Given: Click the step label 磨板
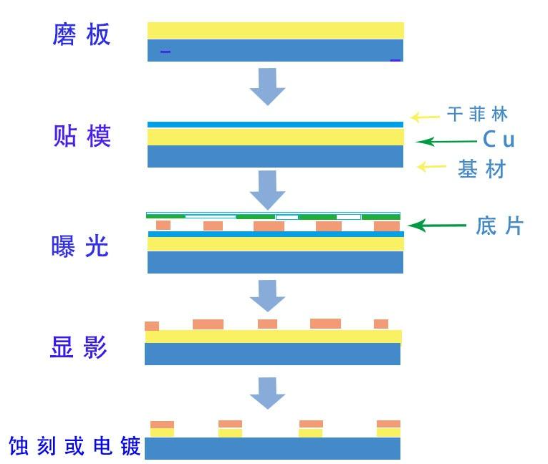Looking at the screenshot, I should coord(82,35).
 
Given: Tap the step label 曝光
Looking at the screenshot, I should coord(82,246).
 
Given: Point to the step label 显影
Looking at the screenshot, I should coord(80,348).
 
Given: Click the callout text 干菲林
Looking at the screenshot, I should coord(478,115).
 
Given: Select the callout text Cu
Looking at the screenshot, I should coord(498,139).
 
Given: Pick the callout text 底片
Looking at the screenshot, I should coord(499,226).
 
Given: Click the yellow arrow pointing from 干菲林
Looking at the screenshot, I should coord(426,116).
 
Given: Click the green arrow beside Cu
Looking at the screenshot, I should coord(446,141).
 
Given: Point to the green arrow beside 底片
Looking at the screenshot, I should coord(441,226).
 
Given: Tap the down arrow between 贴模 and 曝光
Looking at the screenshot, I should coord(267,189).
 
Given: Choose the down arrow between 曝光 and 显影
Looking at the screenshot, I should coord(267,294).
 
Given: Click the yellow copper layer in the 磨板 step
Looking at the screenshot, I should coord(275,30).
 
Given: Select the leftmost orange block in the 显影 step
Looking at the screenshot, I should coord(152,326).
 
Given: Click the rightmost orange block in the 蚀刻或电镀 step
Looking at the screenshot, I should coord(388,424).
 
